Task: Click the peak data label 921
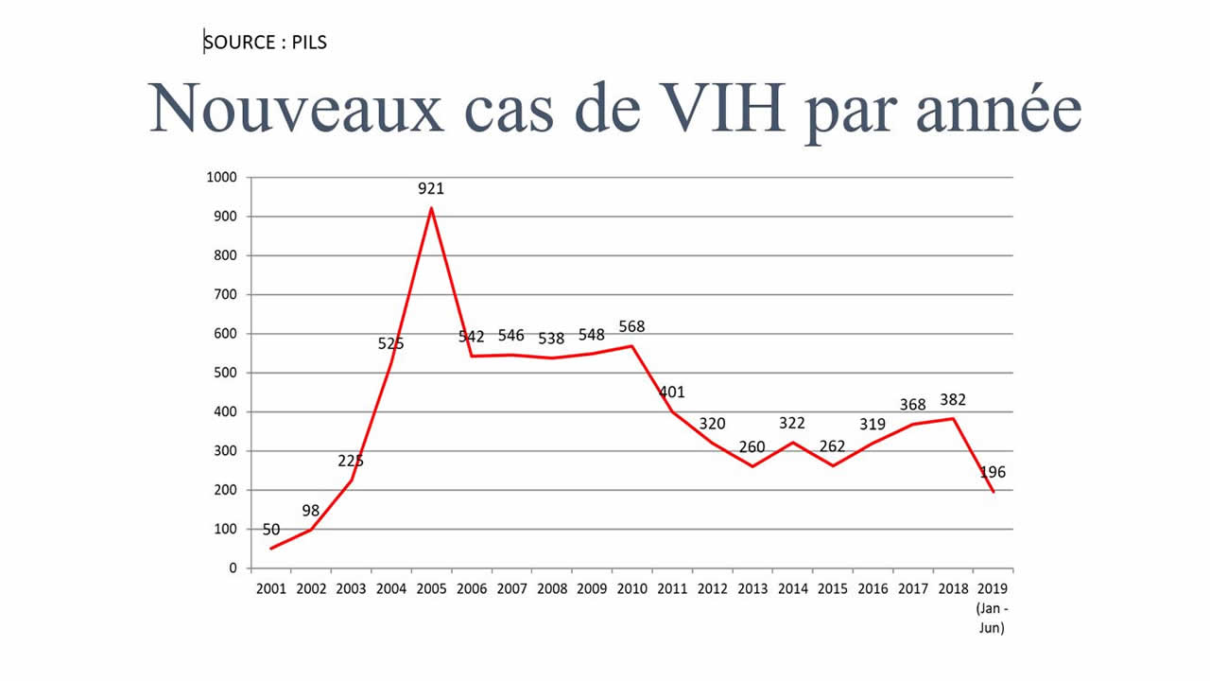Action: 431,189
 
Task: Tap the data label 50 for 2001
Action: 271,530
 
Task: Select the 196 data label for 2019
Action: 992,473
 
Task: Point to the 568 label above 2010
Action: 631,327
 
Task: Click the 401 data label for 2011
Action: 671,393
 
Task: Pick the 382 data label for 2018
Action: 953,400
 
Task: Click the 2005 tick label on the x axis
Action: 431,589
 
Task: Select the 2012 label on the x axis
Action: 712,589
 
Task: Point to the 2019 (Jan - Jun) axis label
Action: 992,607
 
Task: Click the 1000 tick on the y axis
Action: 222,178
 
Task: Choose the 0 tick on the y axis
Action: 232,568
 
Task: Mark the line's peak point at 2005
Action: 431,208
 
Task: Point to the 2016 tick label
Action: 873,589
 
